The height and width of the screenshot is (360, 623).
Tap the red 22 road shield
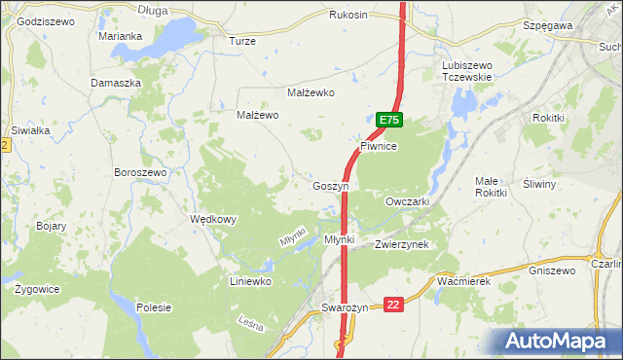point(393,305)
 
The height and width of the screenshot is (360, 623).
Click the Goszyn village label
point(330,185)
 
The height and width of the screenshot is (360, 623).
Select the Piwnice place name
point(379,145)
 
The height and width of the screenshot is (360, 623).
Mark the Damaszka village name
point(117,83)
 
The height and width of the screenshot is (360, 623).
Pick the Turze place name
point(241,41)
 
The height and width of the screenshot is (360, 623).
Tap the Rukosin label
point(348,15)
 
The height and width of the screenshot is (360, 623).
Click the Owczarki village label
point(408,200)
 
